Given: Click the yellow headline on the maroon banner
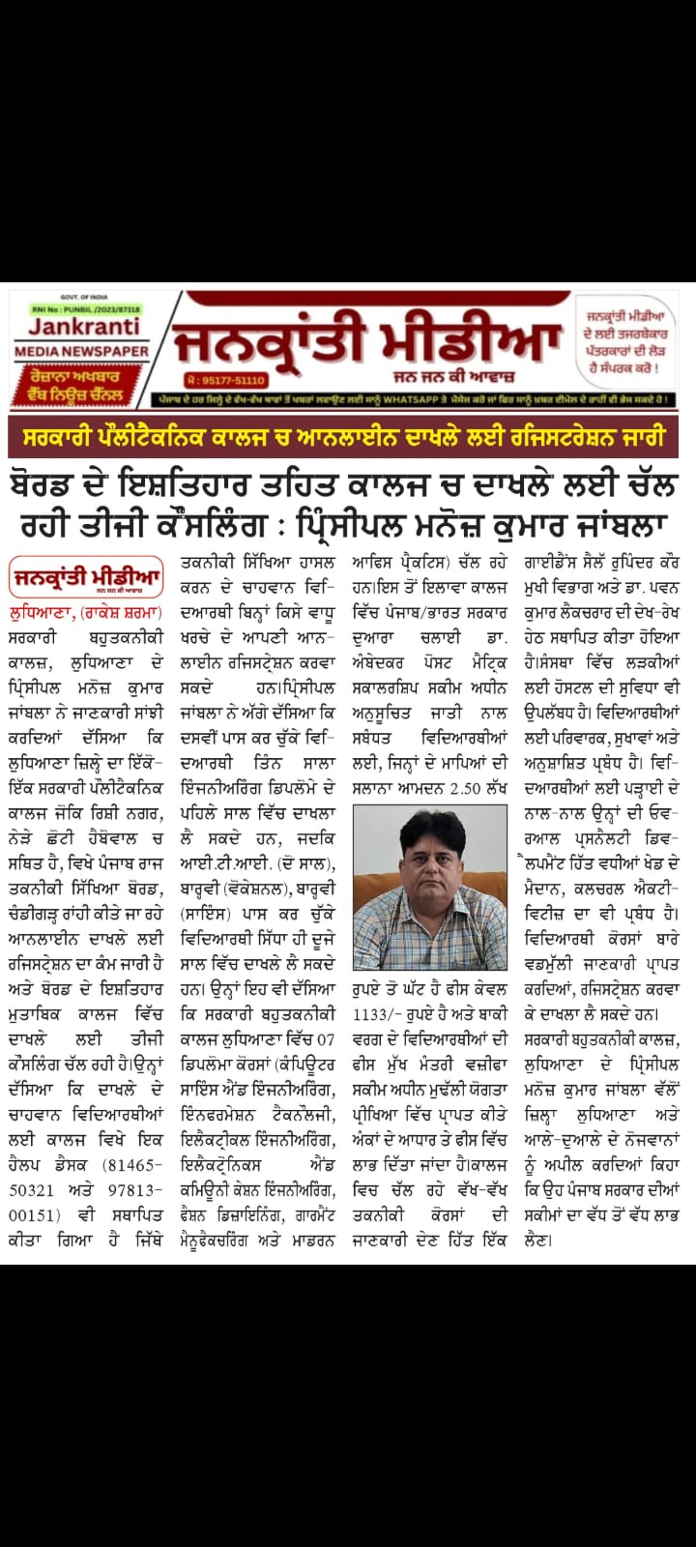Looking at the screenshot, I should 347,438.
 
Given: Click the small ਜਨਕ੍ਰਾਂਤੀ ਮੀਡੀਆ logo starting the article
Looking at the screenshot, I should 88,579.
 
